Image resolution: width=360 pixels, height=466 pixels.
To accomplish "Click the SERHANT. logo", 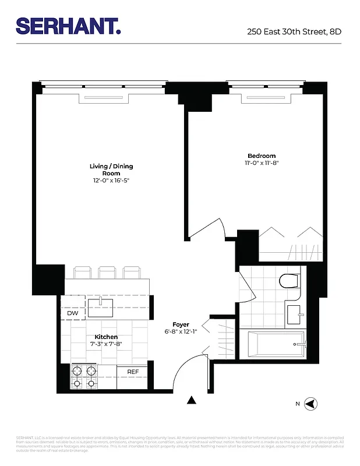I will [69, 26].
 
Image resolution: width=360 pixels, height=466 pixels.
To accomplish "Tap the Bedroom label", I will [262, 156].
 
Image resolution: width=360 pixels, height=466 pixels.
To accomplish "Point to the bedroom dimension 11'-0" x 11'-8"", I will [262, 163].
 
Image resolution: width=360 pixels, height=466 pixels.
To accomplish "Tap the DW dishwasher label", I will [73, 313].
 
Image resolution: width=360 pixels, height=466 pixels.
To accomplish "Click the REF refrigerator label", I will [133, 371].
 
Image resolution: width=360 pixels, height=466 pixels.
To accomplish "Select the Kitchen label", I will [106, 337].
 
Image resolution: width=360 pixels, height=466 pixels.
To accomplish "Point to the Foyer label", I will [181, 324].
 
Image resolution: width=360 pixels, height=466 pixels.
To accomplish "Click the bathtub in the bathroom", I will [276, 345].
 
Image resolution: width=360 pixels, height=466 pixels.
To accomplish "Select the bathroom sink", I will [294, 314].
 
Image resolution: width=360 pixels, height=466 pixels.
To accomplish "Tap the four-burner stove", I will [84, 376].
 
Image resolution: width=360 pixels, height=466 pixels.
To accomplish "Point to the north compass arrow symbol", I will [312, 403].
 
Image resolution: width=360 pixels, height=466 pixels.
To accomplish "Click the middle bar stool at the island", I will [107, 272].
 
